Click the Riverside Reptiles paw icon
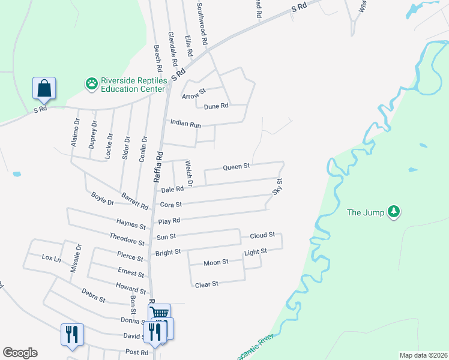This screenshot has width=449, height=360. point(92,83)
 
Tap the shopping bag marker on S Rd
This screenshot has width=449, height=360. point(44,88)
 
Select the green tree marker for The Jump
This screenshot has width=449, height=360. point(394,211)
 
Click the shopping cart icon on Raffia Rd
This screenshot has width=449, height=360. point(159,313)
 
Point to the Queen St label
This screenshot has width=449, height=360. point(236,167)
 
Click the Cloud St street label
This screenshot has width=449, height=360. point(262,235)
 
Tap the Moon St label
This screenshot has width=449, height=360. point(216,262)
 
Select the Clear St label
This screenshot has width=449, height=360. point(206,284)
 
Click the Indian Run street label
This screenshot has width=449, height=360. point(185,122)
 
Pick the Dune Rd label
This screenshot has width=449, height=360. point(216,106)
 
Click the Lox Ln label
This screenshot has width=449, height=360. point(52,258)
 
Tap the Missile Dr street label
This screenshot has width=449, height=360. point(75,257)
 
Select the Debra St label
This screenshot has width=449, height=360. point(94,295)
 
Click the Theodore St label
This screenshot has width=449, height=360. point(127,238)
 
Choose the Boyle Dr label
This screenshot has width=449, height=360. point(102,196)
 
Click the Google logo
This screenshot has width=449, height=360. point(20,353)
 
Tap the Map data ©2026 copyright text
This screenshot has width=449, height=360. point(423,355)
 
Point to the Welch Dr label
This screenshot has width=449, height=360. point(188,173)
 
